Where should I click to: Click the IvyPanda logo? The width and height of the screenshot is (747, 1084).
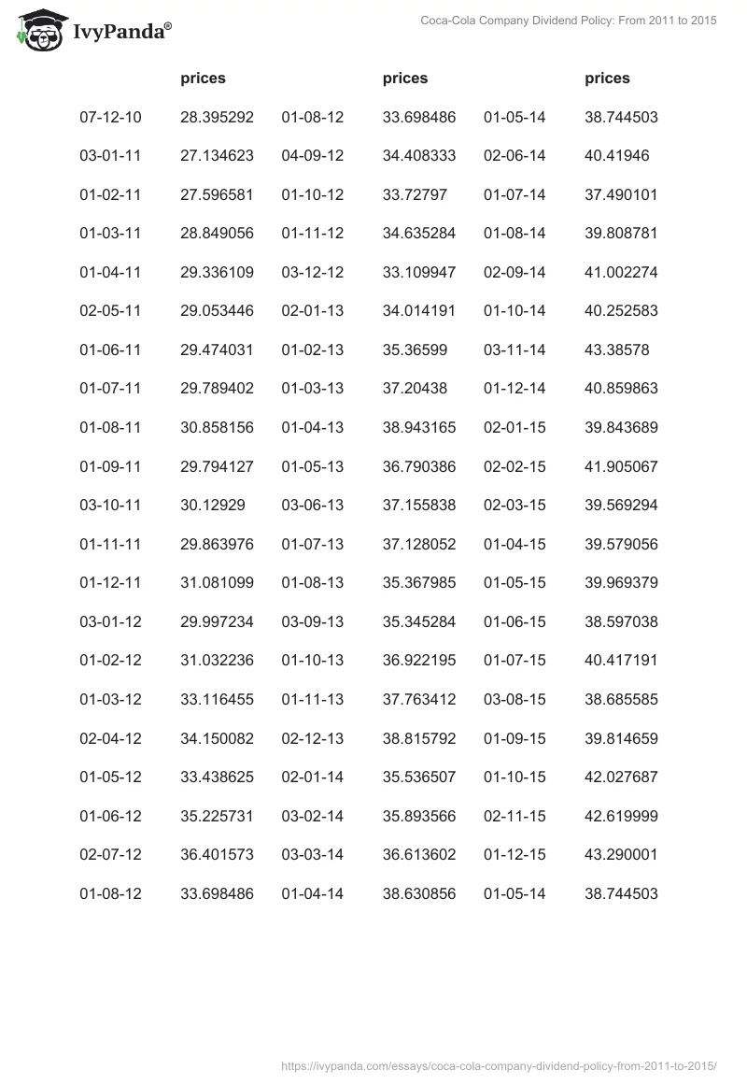coord(94,30)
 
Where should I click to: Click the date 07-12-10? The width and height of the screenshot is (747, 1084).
coord(110,117)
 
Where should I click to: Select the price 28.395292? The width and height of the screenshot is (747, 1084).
coord(217,117)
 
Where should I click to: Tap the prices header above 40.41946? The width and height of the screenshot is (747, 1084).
coord(607,78)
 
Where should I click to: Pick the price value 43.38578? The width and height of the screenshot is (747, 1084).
coord(616,349)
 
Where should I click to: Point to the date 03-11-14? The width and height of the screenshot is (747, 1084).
coord(514,349)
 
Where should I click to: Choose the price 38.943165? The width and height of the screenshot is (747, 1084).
coord(419,427)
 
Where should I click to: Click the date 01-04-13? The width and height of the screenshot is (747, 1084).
coord(313,427)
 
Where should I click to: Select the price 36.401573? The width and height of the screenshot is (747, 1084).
coord(217,854)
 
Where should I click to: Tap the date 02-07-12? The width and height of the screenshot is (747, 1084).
coord(110,854)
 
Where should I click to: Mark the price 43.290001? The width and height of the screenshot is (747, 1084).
coord(621,854)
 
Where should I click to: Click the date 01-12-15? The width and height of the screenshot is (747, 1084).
coord(514,854)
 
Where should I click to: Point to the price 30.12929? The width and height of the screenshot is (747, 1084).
coord(213,505)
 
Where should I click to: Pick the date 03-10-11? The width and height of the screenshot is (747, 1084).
coord(110,505)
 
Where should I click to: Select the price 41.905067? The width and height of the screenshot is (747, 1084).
coord(621,466)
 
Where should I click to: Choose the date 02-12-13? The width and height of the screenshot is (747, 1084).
coord(313,738)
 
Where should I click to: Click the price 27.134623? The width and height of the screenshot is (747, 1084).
coord(217,155)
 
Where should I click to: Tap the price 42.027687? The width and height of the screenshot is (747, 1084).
coord(621,777)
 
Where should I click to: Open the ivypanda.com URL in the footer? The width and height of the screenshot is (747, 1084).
coord(499,1064)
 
